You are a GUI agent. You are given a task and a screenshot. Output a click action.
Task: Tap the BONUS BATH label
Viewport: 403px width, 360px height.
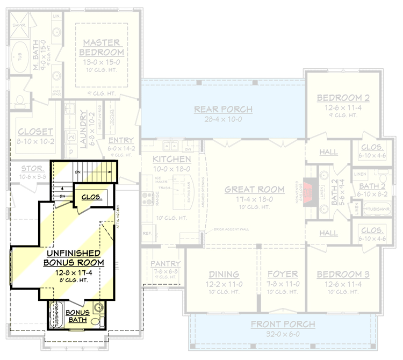click(x=77, y=316)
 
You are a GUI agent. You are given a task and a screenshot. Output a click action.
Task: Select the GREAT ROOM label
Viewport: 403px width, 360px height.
click(x=254, y=189)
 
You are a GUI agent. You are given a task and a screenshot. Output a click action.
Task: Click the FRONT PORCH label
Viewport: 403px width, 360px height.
click(x=283, y=325)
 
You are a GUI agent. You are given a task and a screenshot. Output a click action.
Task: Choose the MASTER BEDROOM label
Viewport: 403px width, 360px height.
click(x=102, y=47)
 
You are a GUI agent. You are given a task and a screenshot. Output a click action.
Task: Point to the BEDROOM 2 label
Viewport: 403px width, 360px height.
click(x=343, y=98)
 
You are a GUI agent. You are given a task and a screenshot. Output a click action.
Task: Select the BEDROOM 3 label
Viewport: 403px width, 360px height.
click(x=343, y=275)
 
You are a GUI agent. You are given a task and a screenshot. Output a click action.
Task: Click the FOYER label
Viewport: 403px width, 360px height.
click(x=283, y=275)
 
